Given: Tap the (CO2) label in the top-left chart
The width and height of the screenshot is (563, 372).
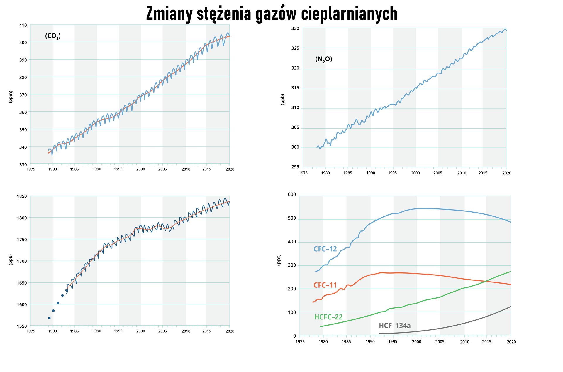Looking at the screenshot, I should tap(53, 36).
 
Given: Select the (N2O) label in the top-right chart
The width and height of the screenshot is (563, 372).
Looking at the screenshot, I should tap(323, 59).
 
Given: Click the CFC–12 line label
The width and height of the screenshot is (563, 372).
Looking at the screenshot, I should tap(325, 249).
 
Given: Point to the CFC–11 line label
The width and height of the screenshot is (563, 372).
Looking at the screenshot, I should tap(325, 285).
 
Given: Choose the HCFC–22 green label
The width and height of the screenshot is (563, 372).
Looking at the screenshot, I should tap(328, 317).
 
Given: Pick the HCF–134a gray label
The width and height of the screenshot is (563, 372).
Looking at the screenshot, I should tap(394, 326).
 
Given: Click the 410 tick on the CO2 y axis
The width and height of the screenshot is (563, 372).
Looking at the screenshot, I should tap(23, 25).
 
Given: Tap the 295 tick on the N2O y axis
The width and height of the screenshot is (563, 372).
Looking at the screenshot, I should tap(295, 167).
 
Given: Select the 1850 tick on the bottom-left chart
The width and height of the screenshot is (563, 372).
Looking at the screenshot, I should tap(22, 196).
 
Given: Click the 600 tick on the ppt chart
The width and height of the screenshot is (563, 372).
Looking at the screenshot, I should tap(292, 195).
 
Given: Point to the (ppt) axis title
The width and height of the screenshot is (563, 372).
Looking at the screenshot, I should tap(279, 260).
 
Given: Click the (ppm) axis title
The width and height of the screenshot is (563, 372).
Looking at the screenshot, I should tap(11, 97).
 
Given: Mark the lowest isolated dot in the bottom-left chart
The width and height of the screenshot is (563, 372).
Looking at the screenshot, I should tap(49, 318).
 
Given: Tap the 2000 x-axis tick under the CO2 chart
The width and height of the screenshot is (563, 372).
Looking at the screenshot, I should tap(140, 169).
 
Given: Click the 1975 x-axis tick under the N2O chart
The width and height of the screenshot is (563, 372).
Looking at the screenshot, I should tap(303, 173).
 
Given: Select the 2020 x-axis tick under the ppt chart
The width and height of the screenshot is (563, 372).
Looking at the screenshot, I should tap(511, 342).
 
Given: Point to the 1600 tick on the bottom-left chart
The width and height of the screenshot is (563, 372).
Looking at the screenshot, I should tap(22, 304).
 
